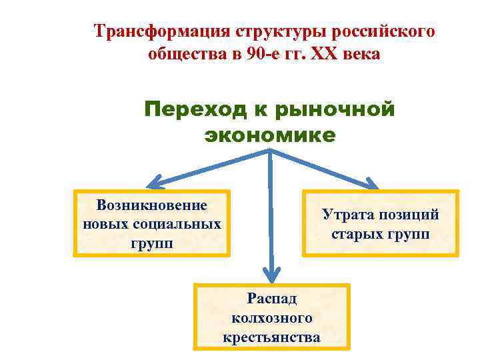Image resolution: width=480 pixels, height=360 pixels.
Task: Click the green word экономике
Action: click(270, 135)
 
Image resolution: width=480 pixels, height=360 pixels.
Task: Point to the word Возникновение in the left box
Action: click(152, 205)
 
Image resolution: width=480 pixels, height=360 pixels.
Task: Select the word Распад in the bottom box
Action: click(271, 298)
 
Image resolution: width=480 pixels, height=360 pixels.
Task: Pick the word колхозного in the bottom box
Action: click(271, 318)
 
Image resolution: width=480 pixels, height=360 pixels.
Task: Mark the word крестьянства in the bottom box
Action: click(271, 337)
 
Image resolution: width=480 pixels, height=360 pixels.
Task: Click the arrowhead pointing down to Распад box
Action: click(270, 273)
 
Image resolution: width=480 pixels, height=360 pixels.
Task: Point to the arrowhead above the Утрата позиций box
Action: click(371, 183)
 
